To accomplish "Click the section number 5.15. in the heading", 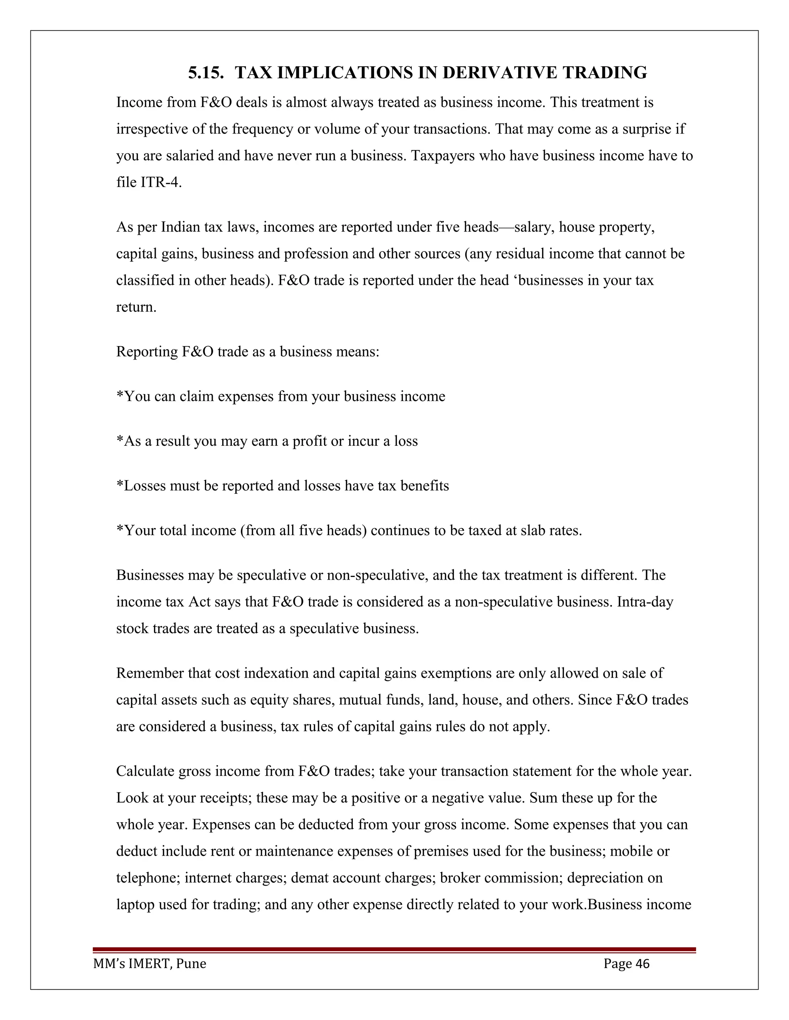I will [206, 73].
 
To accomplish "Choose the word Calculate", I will [145, 771].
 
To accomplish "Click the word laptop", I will [136, 905].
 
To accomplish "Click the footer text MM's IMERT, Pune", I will [149, 963].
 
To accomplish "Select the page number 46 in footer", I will [642, 963].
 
